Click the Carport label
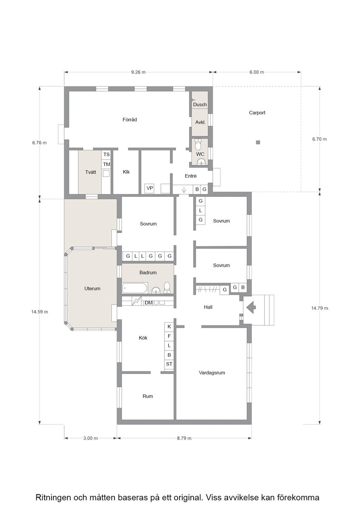coord(257,113)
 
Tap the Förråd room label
coord(130,120)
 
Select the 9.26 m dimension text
coord(138,72)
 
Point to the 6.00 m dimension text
coord(256,72)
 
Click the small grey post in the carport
coord(258,142)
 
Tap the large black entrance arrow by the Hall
coord(251,307)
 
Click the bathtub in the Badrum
coord(135,288)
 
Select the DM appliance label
coord(148,303)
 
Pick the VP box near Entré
coord(150,188)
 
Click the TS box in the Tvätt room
coord(106,155)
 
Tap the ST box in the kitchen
coord(169,364)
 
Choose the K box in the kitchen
coord(169,327)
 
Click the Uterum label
coord(92,288)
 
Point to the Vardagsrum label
coord(212,373)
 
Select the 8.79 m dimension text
coord(184,438)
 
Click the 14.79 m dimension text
coord(320,308)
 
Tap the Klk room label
coord(126,172)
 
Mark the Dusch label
coord(200,105)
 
